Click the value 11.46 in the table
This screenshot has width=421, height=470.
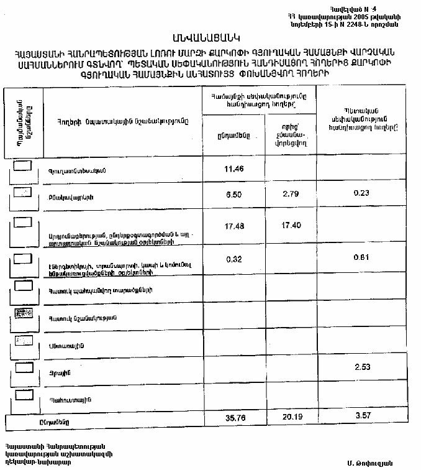coord(233,168)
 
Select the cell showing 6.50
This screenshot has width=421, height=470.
coord(233,194)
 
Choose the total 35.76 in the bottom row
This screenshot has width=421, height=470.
coord(233,418)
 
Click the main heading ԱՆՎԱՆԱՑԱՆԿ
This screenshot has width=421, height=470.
coord(210,39)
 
